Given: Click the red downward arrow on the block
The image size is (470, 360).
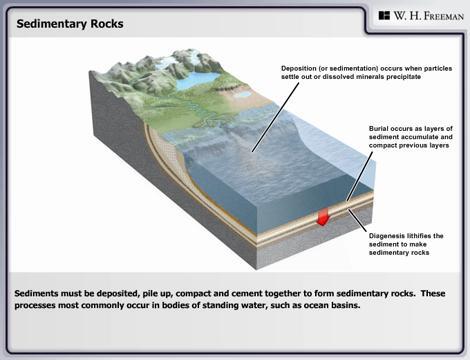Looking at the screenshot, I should [x=322, y=216].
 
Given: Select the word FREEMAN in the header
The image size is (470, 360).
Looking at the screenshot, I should [x=432, y=16].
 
